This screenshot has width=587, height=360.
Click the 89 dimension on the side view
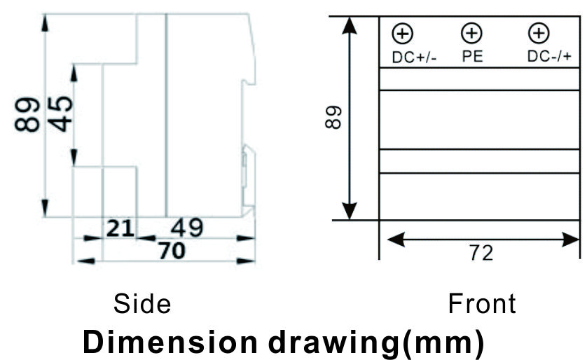27,114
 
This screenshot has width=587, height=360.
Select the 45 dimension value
60,113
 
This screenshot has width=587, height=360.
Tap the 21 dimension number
120,228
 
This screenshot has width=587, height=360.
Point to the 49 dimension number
187,228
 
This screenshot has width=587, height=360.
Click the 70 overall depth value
172,250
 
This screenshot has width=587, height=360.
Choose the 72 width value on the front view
481,253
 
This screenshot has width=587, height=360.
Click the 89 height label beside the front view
333,118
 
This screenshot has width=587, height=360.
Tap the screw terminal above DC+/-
403,34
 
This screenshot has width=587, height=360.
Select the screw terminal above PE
471,33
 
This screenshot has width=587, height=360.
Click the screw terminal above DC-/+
539,33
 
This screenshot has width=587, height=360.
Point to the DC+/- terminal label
415,57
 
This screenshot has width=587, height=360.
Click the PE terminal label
472,57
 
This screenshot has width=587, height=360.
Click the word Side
142,303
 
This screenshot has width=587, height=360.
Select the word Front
482,303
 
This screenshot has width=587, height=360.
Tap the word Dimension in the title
170,342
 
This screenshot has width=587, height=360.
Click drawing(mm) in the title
377,342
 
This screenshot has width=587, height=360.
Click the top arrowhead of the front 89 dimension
350,25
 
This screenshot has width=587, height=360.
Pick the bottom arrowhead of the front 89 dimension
350,211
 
